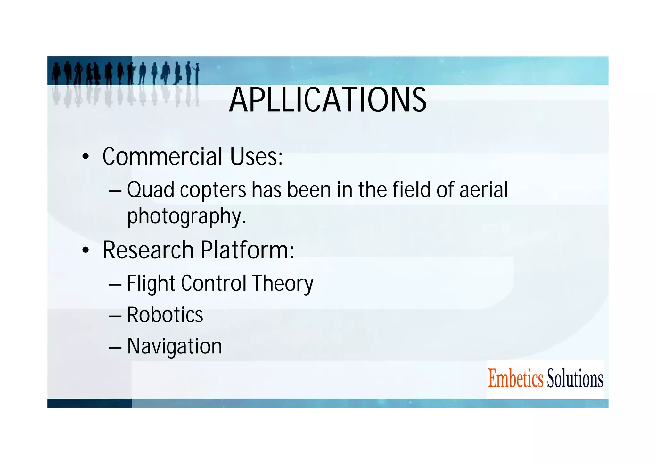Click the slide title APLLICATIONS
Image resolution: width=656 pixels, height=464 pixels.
point(328,100)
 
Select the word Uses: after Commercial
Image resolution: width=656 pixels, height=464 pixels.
point(256,156)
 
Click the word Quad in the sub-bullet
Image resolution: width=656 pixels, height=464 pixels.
point(151,190)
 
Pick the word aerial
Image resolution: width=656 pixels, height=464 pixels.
point(484,190)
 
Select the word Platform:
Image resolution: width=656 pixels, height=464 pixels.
point(247,250)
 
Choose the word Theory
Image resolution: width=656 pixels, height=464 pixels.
point(283,283)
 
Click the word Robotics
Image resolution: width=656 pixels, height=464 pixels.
point(165,315)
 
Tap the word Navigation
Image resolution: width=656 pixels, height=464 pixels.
point(175,346)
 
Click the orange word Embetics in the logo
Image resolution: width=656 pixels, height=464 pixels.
point(515,379)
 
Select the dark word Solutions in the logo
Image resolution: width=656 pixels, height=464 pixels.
point(575,379)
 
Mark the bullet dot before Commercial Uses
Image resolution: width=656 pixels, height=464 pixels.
point(85,157)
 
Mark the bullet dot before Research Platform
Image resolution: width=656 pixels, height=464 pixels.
point(85,250)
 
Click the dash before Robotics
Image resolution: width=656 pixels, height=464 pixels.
point(115,316)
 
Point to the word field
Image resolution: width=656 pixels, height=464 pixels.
point(412,190)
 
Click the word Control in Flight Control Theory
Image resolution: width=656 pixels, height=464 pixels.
point(214,283)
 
